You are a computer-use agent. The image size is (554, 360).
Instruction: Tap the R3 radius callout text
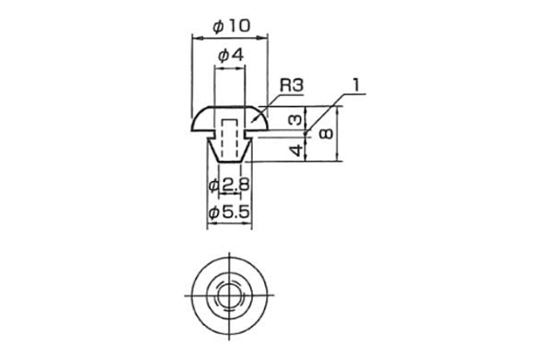click(x=292, y=85)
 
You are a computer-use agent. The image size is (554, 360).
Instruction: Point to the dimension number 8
click(x=327, y=135)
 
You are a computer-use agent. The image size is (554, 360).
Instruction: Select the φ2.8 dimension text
click(x=228, y=186)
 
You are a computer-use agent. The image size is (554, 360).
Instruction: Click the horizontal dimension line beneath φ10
click(x=229, y=37)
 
